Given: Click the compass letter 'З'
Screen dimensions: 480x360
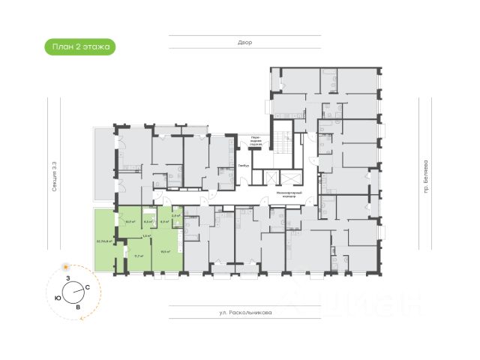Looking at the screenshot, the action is tap(68, 279).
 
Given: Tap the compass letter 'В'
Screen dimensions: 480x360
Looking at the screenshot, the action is tap(78, 307).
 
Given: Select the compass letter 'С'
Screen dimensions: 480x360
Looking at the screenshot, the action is tap(88, 287).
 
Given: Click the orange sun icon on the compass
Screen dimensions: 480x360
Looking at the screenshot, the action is tap(66, 266).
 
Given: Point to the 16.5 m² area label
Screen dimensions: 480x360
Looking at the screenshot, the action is tap(165, 251).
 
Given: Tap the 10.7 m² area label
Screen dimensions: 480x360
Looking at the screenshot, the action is tap(130, 222).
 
